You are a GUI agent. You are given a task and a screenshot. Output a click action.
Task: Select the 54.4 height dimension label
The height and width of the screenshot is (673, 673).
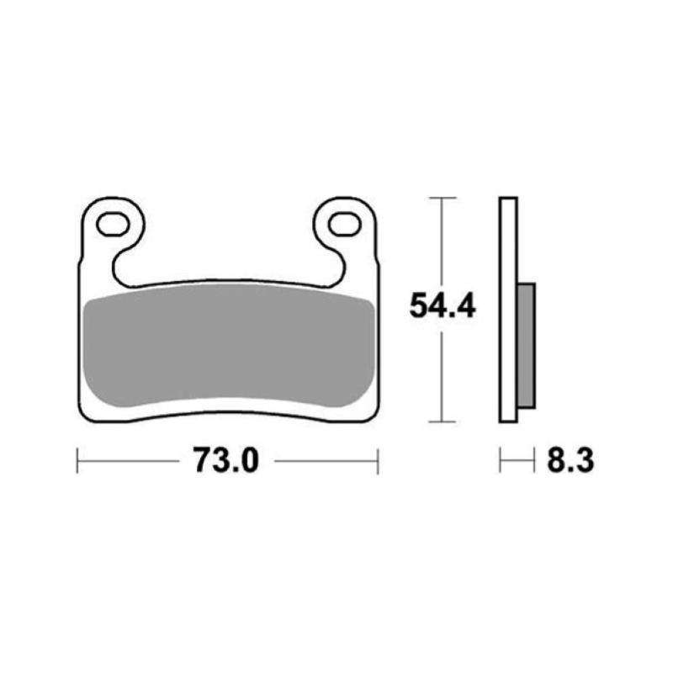[x=442, y=305]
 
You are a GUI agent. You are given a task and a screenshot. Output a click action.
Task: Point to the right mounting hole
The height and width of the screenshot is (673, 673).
[x=342, y=224]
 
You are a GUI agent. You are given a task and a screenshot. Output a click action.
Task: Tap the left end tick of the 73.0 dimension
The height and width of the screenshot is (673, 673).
[x=77, y=460]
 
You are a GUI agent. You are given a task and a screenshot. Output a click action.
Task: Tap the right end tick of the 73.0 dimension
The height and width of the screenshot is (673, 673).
[x=378, y=460]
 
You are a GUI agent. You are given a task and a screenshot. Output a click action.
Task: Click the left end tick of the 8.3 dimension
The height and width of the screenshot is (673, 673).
[x=501, y=460]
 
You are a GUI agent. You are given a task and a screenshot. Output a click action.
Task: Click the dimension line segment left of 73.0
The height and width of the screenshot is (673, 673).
[x=130, y=460]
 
